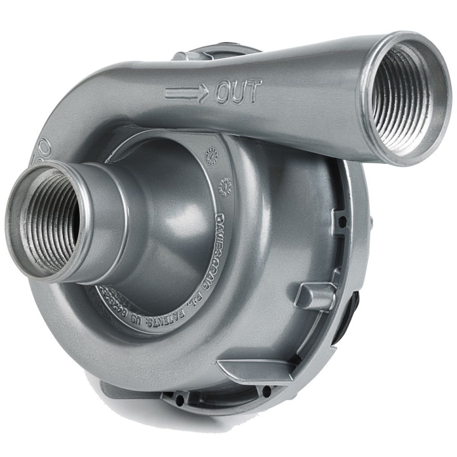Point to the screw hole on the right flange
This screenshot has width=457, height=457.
[x=341, y=222]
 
